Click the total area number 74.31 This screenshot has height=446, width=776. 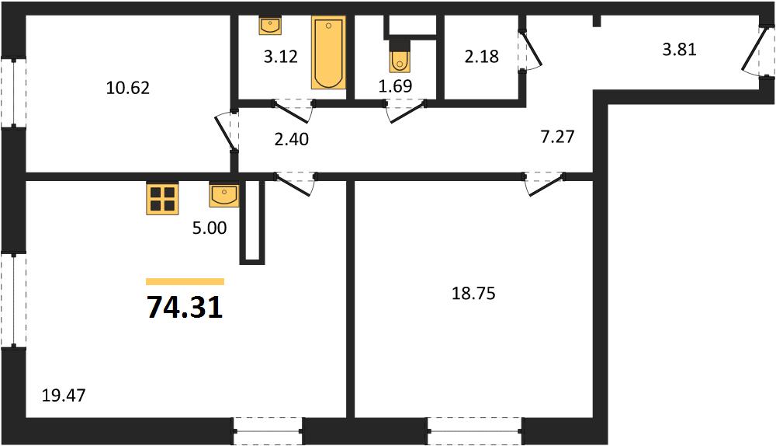point(185,308)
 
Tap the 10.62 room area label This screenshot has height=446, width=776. point(128,88)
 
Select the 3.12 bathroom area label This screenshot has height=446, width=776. point(281,57)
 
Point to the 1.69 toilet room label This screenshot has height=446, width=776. point(396,85)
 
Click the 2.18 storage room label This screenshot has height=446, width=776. point(482,57)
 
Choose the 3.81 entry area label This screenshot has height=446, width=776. point(680,50)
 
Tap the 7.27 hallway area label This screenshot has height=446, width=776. point(557,136)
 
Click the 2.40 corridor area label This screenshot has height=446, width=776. point(292,139)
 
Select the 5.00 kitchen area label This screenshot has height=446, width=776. point(210,228)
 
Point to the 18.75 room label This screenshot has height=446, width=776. point(473,294)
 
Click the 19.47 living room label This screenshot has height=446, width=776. point(64,395)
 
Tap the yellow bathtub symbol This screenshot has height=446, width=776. point(328,53)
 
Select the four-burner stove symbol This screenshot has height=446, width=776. point(162,199)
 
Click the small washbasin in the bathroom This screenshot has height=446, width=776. point(270,26)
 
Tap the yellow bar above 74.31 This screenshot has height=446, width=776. point(185,282)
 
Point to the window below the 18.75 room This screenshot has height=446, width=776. point(475,431)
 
